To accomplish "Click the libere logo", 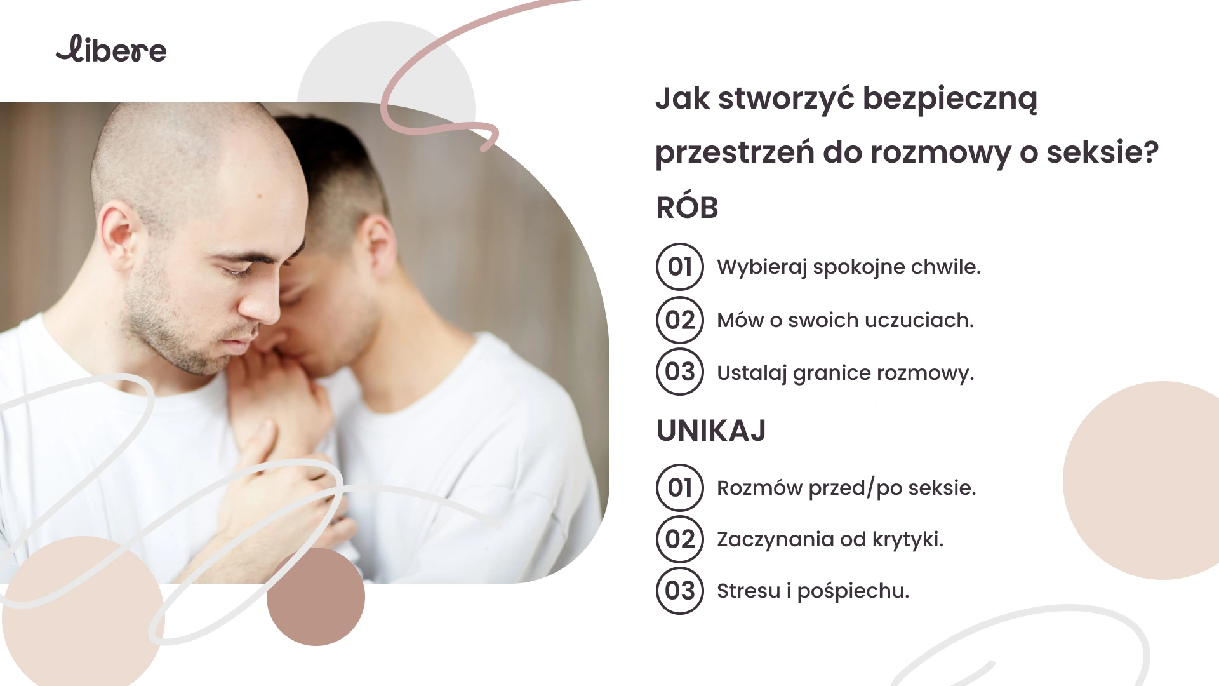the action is click(111, 50).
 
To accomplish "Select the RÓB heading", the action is click(687, 206).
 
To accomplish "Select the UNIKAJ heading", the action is click(711, 431).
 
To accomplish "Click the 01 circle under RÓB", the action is click(680, 267).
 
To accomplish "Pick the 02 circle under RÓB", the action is click(680, 320).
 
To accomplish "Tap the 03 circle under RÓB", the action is click(680, 372).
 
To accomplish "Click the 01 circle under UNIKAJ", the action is click(680, 488).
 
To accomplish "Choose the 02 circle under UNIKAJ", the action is click(680, 539).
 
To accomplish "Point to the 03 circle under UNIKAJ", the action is click(680, 591).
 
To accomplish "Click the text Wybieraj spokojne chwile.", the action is click(849, 267).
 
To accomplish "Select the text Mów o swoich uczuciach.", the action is click(845, 320).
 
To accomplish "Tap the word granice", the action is click(832, 373).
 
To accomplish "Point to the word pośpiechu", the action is click(853, 592).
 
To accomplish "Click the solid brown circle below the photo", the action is click(316, 596).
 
